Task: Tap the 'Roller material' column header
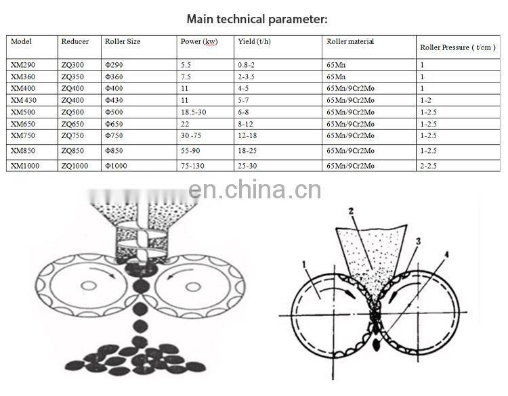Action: point(350,41)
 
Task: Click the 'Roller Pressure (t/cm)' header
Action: point(457,47)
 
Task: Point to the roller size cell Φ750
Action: point(115,135)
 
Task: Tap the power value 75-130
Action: point(194,166)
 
